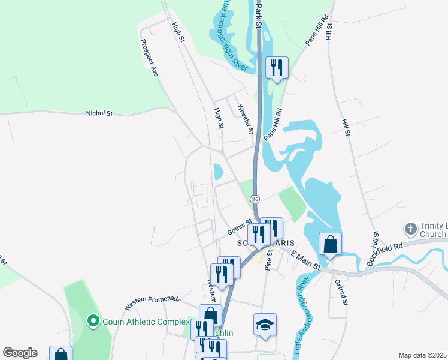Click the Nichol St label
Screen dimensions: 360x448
point(99,113)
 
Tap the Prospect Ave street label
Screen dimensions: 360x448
point(149,58)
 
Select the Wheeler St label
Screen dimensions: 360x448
point(246,119)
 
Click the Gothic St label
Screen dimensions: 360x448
point(240,226)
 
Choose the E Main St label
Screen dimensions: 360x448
point(306,260)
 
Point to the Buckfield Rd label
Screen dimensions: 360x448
point(385,251)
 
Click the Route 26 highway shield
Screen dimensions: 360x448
point(255,199)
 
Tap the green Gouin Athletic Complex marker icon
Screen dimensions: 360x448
point(93,322)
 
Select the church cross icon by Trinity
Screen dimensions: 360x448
point(410,228)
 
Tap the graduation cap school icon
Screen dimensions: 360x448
point(265,324)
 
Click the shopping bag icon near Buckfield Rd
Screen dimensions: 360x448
point(330,244)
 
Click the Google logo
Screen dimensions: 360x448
point(20,353)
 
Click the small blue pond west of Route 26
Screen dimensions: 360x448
point(218,172)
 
